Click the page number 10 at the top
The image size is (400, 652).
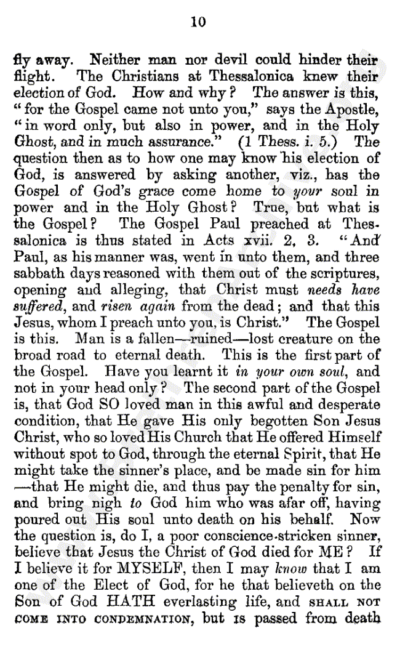(x=198, y=23)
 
